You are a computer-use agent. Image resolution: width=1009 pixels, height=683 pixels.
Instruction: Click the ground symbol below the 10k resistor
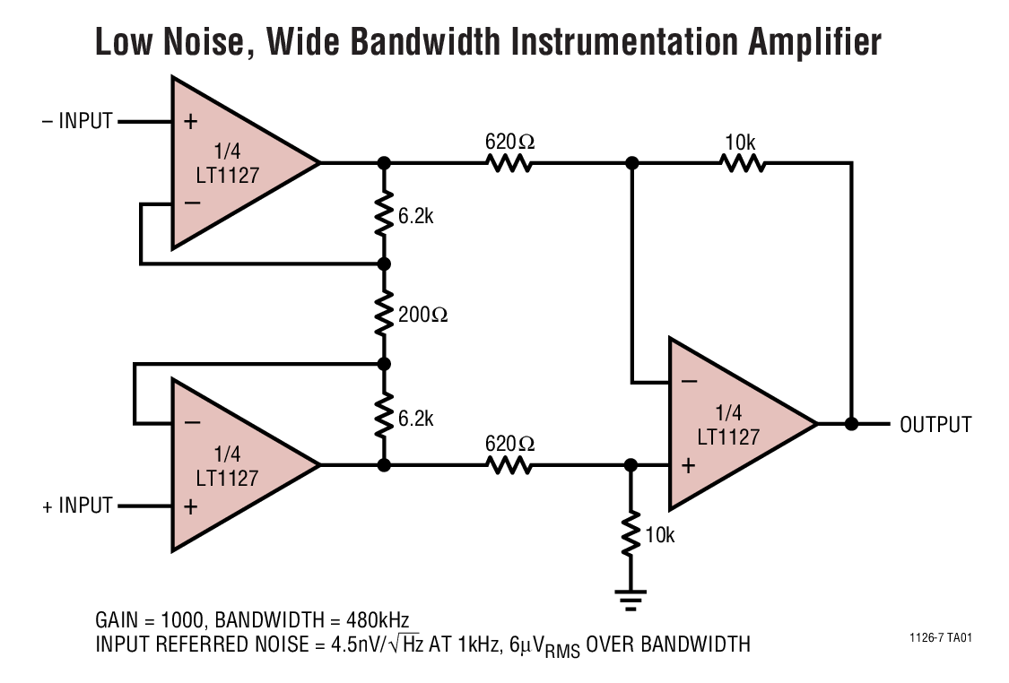[631, 599]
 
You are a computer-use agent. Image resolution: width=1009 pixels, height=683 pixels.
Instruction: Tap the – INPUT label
[78, 121]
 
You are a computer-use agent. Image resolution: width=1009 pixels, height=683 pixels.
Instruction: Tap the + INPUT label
[78, 506]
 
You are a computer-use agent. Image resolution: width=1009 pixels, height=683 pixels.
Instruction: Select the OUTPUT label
[935, 424]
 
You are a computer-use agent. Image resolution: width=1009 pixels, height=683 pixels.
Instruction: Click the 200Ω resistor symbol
[384, 314]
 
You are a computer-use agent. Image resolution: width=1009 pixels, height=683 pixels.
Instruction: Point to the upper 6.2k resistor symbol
[384, 213]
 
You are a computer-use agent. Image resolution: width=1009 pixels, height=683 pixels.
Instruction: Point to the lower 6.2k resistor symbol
[384, 415]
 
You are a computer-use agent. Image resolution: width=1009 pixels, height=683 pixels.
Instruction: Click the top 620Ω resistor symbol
[509, 163]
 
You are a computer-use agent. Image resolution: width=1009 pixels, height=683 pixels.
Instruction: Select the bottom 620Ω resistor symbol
[509, 465]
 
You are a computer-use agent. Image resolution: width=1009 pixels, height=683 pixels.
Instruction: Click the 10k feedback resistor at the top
[741, 163]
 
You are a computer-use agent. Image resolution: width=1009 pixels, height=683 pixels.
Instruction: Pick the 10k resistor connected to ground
[631, 534]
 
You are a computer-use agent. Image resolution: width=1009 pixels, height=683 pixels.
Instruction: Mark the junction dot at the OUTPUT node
[850, 423]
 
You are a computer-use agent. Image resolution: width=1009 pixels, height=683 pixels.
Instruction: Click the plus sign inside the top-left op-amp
[190, 122]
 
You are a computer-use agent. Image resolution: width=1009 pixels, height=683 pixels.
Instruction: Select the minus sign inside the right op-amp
[688, 382]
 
